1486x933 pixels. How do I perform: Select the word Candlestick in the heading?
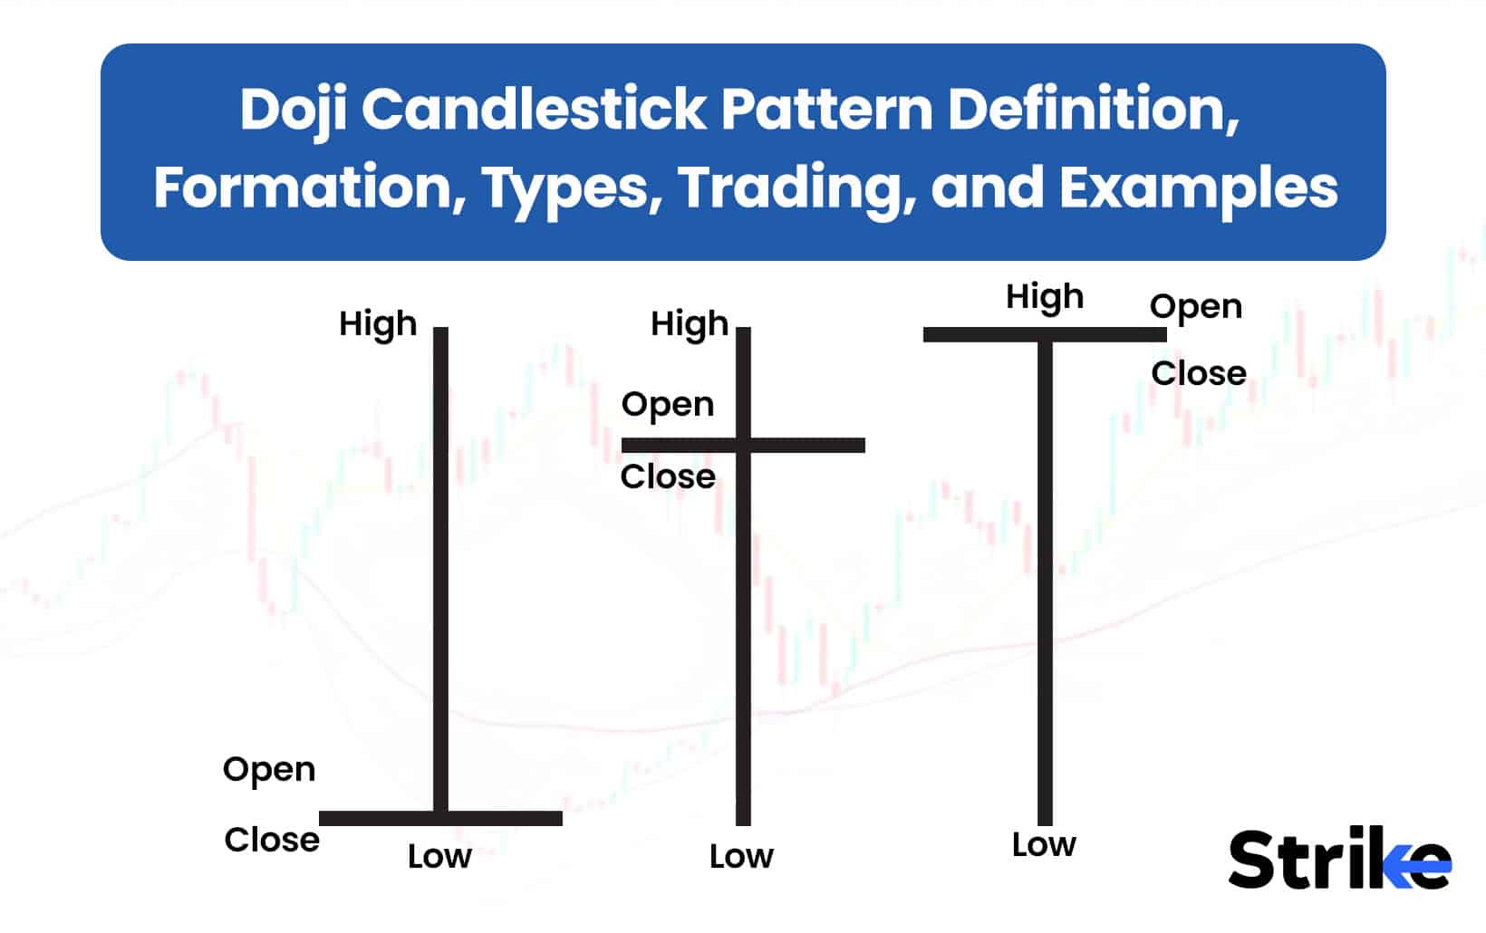point(535,109)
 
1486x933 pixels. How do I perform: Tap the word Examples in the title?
point(1198,188)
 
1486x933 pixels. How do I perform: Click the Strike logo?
point(1338,859)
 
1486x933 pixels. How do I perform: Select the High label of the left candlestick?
point(378,323)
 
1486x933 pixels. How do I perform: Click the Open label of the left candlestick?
point(269,770)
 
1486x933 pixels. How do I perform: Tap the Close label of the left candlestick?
point(272,840)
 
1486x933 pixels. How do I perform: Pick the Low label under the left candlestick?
point(439,856)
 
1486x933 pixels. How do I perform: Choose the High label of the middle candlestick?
point(690,323)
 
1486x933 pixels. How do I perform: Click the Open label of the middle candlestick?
point(668,404)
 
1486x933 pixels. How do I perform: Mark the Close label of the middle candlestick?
point(668,476)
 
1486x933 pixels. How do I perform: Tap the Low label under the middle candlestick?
point(741,856)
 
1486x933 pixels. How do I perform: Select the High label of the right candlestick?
point(1045,296)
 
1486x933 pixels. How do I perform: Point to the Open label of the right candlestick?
point(1196,307)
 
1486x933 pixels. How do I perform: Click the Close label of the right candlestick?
point(1199,373)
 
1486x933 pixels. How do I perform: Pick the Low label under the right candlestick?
point(1044,844)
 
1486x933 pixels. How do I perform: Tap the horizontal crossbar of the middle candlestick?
point(815,445)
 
